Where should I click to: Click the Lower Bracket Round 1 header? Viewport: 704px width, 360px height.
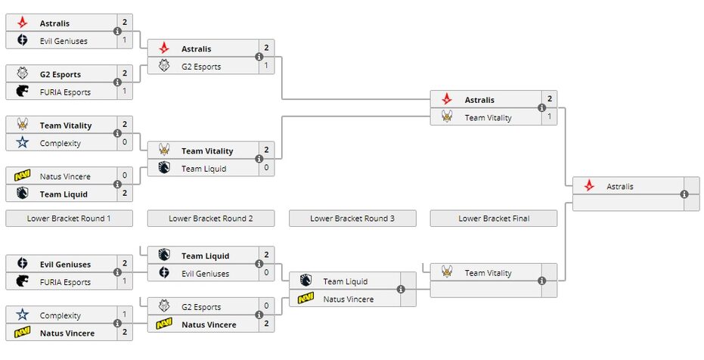[x=69, y=219]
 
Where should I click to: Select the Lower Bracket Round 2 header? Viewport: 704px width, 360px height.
[x=211, y=219]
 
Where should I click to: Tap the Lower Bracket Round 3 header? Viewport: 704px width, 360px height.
[x=352, y=219]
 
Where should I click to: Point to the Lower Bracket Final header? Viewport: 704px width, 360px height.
[x=494, y=219]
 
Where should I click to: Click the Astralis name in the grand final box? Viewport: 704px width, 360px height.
[x=620, y=186]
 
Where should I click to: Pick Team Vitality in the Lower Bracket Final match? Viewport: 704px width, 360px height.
[x=488, y=273]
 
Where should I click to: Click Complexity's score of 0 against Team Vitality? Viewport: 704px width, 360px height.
[x=125, y=143]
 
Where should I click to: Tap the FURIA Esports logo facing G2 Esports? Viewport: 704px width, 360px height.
[x=22, y=92]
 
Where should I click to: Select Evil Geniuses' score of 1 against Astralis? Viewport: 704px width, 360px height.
[x=125, y=41]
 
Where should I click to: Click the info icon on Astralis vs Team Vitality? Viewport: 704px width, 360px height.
[x=541, y=108]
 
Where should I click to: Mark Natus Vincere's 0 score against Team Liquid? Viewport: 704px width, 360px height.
[x=125, y=176]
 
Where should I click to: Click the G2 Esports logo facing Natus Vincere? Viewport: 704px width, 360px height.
[x=164, y=307]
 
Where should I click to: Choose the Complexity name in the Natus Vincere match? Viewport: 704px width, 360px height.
[x=60, y=315]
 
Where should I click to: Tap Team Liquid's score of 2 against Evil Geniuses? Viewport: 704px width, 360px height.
[x=266, y=256]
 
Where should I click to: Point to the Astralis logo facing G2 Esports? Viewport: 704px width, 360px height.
[x=164, y=48]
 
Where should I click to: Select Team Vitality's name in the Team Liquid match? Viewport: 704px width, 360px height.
[x=207, y=151]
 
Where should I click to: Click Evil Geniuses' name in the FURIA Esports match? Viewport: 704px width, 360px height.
[x=65, y=265]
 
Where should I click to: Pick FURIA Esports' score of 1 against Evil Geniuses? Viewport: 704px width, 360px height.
[x=125, y=282]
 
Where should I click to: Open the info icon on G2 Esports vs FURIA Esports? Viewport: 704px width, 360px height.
[x=117, y=82]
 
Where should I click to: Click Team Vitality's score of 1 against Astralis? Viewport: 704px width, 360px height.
[x=550, y=117]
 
